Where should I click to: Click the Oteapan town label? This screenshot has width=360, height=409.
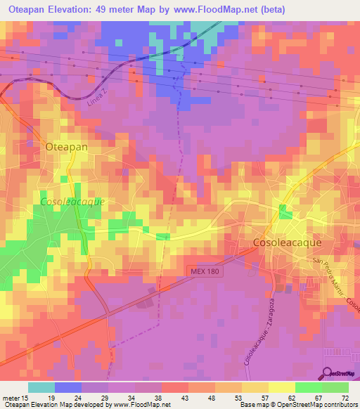[66, 148]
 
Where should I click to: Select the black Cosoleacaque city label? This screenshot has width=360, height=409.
[287, 242]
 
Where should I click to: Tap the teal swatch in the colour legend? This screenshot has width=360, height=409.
[41, 387]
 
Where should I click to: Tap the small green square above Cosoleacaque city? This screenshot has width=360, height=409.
[284, 212]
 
